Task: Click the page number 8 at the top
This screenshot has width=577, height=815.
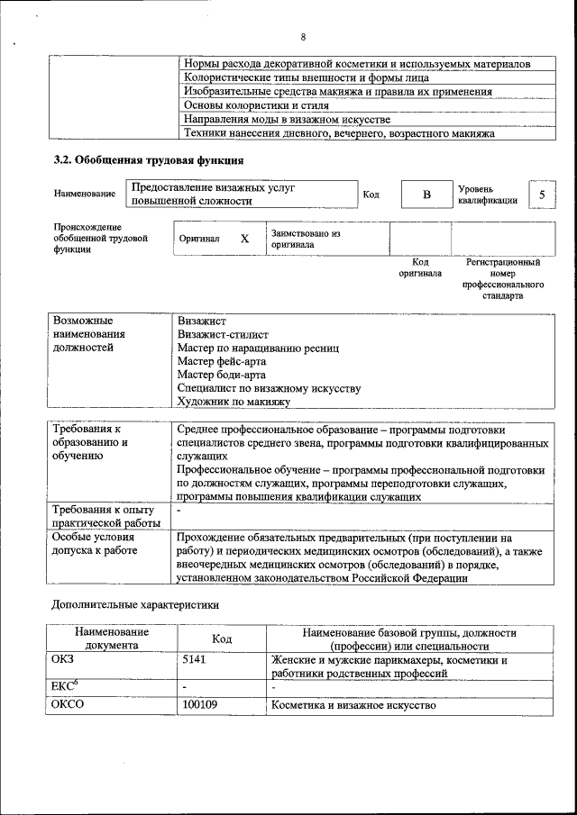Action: (303, 37)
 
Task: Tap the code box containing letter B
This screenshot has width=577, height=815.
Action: (427, 195)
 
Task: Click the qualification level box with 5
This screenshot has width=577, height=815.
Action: (541, 195)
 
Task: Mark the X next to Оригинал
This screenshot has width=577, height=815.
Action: (244, 239)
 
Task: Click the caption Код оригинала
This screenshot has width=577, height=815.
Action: (420, 267)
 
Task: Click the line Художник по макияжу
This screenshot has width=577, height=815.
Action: (233, 402)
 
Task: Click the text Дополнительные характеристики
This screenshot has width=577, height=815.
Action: (134, 606)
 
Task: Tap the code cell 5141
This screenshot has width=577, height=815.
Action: (195, 660)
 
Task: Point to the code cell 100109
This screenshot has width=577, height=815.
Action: (200, 704)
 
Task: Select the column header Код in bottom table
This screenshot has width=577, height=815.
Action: (222, 638)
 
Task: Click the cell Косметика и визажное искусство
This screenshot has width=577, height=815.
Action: (353, 704)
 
